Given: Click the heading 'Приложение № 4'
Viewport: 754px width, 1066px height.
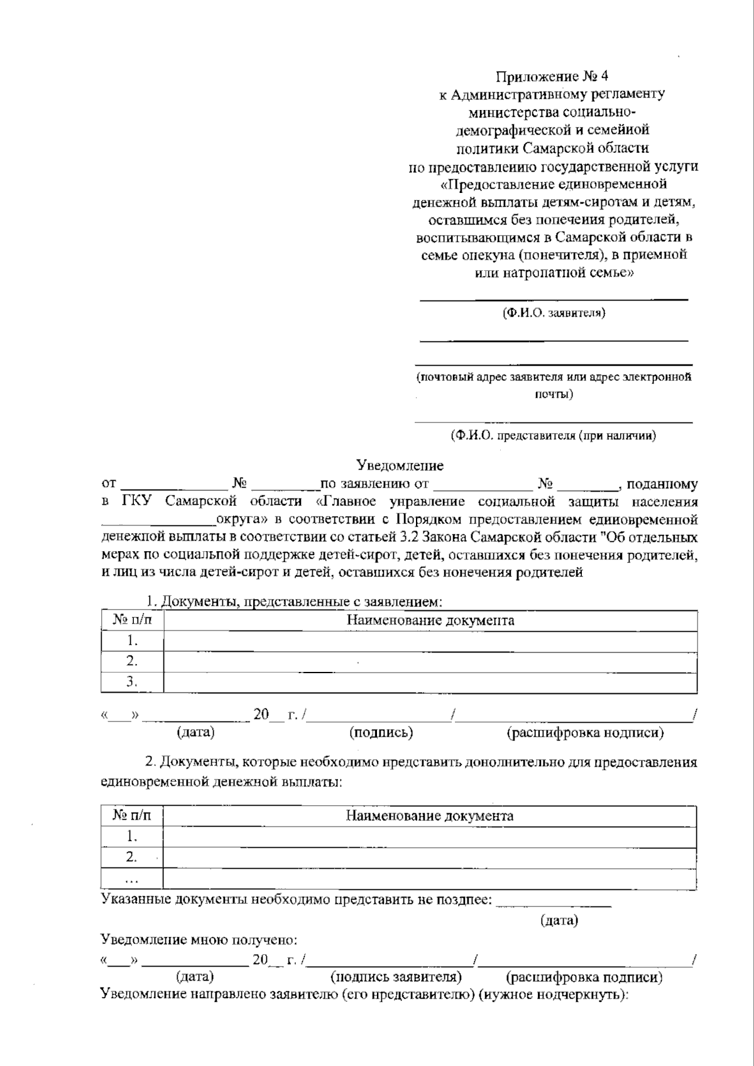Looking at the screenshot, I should coord(552,77).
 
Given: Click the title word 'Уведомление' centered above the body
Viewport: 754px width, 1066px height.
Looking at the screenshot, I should coord(400,466).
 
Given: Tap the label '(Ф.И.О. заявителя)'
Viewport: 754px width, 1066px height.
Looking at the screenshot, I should coord(554,313).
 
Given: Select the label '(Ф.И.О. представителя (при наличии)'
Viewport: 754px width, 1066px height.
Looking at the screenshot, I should coord(554,435).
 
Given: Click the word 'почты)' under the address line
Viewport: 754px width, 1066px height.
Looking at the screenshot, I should coord(554,394).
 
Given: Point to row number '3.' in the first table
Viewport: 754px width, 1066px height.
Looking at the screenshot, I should coord(132,681).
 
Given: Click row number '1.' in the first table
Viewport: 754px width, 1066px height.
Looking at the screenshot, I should coord(132,640).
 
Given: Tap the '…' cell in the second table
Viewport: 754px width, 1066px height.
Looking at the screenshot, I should coord(132,878).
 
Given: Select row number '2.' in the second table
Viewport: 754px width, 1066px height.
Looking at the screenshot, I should coord(132,857).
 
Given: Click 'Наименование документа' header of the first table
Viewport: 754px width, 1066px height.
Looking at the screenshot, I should coord(430,620).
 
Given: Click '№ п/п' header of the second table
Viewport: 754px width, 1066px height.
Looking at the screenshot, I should coord(132,816).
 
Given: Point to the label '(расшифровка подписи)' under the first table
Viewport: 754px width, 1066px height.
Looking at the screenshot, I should coord(584,732).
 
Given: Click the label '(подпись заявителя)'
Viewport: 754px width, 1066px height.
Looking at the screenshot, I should coord(396,977).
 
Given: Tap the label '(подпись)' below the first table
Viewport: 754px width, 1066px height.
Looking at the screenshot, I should coord(381,732).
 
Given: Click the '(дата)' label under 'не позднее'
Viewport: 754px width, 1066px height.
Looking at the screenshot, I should coord(559,920).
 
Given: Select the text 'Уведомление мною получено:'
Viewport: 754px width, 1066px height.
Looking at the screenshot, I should coord(199,940).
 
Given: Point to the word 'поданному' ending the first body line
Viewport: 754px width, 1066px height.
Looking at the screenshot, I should coord(662,484).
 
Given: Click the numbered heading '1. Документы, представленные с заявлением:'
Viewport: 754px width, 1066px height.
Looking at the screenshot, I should coord(294,602).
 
